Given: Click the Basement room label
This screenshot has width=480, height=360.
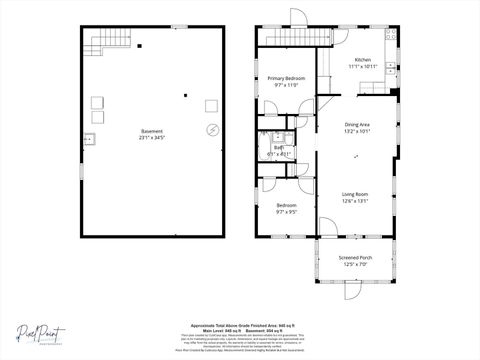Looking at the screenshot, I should coord(152,130).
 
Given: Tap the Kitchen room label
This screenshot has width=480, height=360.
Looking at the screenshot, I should coord(362,60).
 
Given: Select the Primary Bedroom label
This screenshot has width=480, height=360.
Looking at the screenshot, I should coord(286,78).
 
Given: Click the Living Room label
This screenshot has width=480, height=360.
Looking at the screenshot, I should coord(355,195).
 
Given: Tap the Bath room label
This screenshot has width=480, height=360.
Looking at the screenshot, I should coord(278,148).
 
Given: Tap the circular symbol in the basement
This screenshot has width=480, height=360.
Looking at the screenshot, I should coord(212,130).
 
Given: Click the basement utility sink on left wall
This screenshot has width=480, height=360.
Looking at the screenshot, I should coord(89,138).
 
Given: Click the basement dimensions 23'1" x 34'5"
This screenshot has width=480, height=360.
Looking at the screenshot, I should coord(152,137).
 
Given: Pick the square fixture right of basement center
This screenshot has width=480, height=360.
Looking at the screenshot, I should coord(211,105).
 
